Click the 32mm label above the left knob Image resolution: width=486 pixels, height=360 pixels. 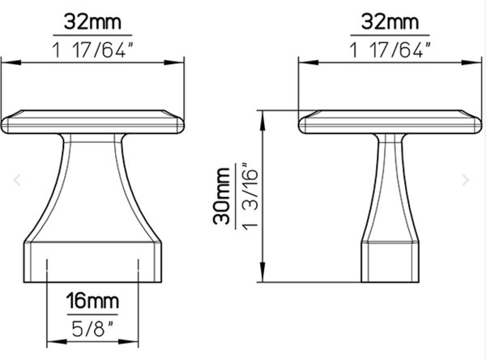92,22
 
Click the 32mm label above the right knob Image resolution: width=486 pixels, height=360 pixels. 390,22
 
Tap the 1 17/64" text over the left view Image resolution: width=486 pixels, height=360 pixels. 92,49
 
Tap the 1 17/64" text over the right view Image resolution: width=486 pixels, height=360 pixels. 390,49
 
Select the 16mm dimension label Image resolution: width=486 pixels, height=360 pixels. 92,301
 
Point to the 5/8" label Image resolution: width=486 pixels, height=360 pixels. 92,328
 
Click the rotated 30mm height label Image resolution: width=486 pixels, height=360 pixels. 222,196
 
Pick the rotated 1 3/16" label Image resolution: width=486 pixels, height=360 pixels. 249,196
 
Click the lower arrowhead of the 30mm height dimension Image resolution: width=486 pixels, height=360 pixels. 262,272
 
